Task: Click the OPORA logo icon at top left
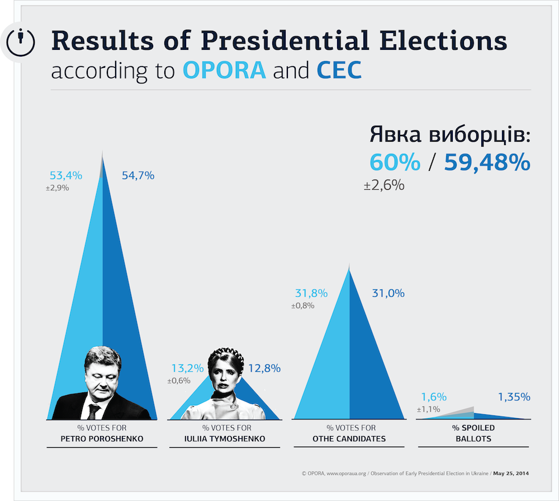pos(21,41)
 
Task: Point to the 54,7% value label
pos(138,176)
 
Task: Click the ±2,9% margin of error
pos(58,188)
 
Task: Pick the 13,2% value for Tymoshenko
pos(187,368)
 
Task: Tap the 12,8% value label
pos(264,368)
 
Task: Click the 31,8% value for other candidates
pos(311,293)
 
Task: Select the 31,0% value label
pos(388,293)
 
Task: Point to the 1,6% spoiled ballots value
pos(434,397)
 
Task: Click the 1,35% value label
pos(514,397)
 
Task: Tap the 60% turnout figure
pos(395,162)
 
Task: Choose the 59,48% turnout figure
pos(487,162)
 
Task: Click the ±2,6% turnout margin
pos(384,185)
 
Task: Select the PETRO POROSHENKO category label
pos(102,438)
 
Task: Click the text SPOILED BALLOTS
pos(473,433)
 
